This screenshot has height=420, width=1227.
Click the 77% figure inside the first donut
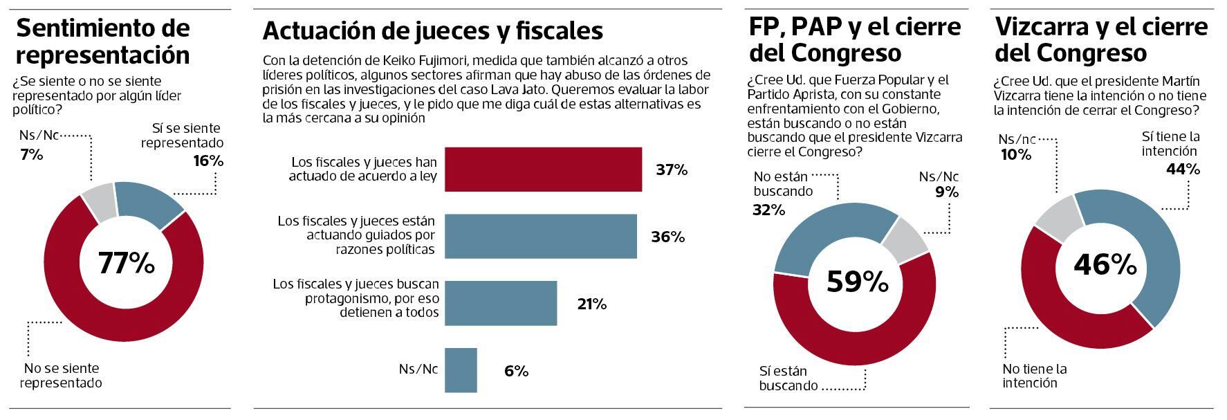pyautogui.click(x=126, y=263)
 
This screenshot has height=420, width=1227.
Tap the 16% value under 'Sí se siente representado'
pyautogui.click(x=208, y=161)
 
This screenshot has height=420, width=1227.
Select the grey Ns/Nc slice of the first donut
pyautogui.click(x=99, y=203)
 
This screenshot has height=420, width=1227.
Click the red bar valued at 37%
pyautogui.click(x=543, y=170)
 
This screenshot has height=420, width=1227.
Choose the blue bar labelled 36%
pyautogui.click(x=540, y=237)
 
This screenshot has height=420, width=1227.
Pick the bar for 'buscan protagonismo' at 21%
pyautogui.click(x=500, y=303)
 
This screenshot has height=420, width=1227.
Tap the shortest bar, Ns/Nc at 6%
pyautogui.click(x=461, y=370)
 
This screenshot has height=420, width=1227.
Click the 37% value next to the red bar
pyautogui.click(x=671, y=170)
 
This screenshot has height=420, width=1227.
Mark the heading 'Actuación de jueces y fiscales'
pyautogui.click(x=432, y=30)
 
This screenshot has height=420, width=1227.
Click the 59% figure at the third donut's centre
pyautogui.click(x=858, y=282)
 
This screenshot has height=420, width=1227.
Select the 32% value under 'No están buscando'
pyautogui.click(x=768, y=210)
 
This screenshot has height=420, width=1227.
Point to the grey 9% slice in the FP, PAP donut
pyautogui.click(x=907, y=239)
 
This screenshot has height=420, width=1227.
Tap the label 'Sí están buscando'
pyautogui.click(x=788, y=378)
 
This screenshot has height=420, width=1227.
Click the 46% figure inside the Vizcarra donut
pyautogui.click(x=1105, y=264)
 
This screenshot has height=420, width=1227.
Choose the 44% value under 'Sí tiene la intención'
pyautogui.click(x=1183, y=169)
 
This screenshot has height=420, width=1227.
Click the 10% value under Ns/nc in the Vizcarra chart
pyautogui.click(x=1015, y=155)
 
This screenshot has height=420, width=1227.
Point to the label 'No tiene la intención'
pyautogui.click(x=1035, y=375)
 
